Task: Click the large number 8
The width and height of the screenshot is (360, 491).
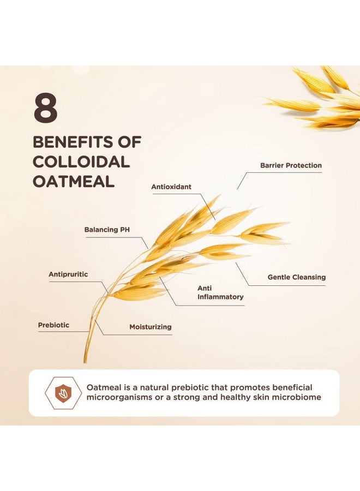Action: tap(45, 109)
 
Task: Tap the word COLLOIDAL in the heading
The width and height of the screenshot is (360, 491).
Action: tap(81, 162)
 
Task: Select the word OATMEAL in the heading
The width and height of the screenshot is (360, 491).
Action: tap(74, 182)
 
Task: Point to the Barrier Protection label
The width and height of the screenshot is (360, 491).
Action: tap(291, 165)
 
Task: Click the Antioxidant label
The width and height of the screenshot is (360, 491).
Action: tap(171, 187)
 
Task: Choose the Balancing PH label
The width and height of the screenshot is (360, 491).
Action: tap(107, 230)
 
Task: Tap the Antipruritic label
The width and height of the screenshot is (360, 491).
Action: tap(68, 274)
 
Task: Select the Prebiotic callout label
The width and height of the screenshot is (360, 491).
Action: tap(53, 325)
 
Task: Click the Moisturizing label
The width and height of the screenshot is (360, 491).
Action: tap(151, 327)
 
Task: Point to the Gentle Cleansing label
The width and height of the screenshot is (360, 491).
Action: tap(296, 277)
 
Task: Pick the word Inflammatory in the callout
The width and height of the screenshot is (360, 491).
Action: tap(220, 297)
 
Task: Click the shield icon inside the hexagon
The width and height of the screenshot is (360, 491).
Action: tap(64, 393)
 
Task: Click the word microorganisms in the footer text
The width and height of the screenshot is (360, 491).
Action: tap(119, 398)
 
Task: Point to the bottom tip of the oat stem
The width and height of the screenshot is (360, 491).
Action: tap(85, 363)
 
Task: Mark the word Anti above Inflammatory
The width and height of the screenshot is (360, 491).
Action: tap(205, 288)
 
